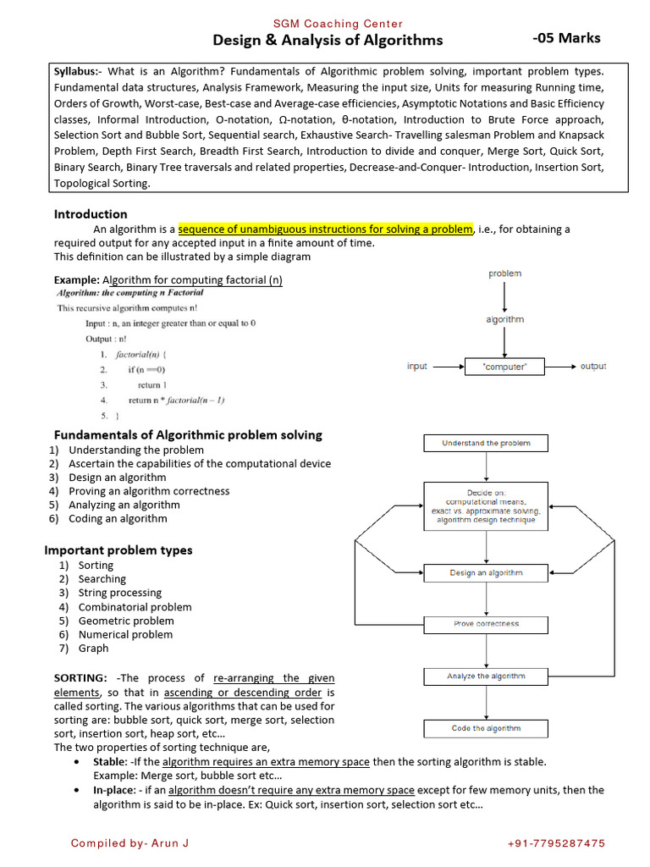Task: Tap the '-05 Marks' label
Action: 566,38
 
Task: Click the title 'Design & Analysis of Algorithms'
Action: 327,40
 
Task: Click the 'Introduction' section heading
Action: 91,214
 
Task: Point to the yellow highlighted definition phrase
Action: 325,229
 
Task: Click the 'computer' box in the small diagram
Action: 505,367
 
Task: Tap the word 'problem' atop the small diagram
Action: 504,273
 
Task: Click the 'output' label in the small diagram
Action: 592,367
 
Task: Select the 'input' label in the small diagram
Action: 417,367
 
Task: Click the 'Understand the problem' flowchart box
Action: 486,443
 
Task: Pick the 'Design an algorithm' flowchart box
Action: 486,573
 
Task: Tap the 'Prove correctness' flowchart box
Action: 486,624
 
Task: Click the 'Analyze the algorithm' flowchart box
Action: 486,676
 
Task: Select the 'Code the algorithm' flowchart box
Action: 486,728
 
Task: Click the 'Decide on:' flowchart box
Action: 486,505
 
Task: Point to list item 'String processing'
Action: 119,593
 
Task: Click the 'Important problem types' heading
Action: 118,550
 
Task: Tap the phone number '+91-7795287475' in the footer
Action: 556,843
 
